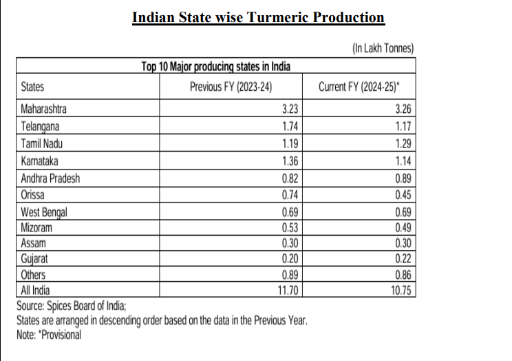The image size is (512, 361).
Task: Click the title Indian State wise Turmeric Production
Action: (258, 17)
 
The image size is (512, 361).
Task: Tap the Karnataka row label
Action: (40, 161)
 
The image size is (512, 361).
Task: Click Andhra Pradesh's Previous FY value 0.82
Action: (290, 178)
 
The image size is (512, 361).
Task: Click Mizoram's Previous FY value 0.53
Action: (290, 227)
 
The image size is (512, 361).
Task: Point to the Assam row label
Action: (33, 244)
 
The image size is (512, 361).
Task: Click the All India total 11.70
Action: (288, 290)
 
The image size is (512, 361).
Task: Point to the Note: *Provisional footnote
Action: (49, 334)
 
